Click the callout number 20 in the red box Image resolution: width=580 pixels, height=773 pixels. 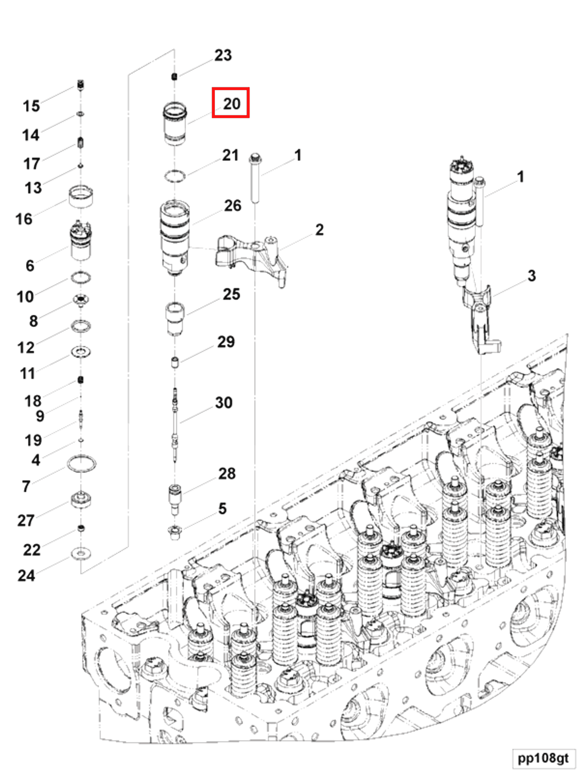(x=231, y=104)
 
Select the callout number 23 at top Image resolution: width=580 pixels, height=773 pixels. (x=223, y=55)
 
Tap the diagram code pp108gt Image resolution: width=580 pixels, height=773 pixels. (x=543, y=757)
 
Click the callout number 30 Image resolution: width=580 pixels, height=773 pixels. (x=223, y=403)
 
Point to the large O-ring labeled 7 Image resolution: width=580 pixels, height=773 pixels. (x=81, y=464)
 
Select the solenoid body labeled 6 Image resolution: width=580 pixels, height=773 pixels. (x=81, y=241)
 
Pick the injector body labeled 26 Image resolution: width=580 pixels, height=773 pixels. (x=175, y=238)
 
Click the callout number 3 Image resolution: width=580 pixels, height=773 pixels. (x=531, y=276)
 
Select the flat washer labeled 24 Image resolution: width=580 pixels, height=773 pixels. (x=81, y=553)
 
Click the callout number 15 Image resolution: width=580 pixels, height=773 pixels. (x=31, y=106)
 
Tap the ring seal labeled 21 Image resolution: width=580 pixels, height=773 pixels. (x=175, y=176)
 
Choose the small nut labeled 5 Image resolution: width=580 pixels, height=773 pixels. (x=174, y=532)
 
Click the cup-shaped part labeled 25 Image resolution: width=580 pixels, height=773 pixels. (x=175, y=318)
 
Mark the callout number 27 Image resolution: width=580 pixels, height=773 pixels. (x=26, y=520)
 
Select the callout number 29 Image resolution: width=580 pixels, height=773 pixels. (x=226, y=342)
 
